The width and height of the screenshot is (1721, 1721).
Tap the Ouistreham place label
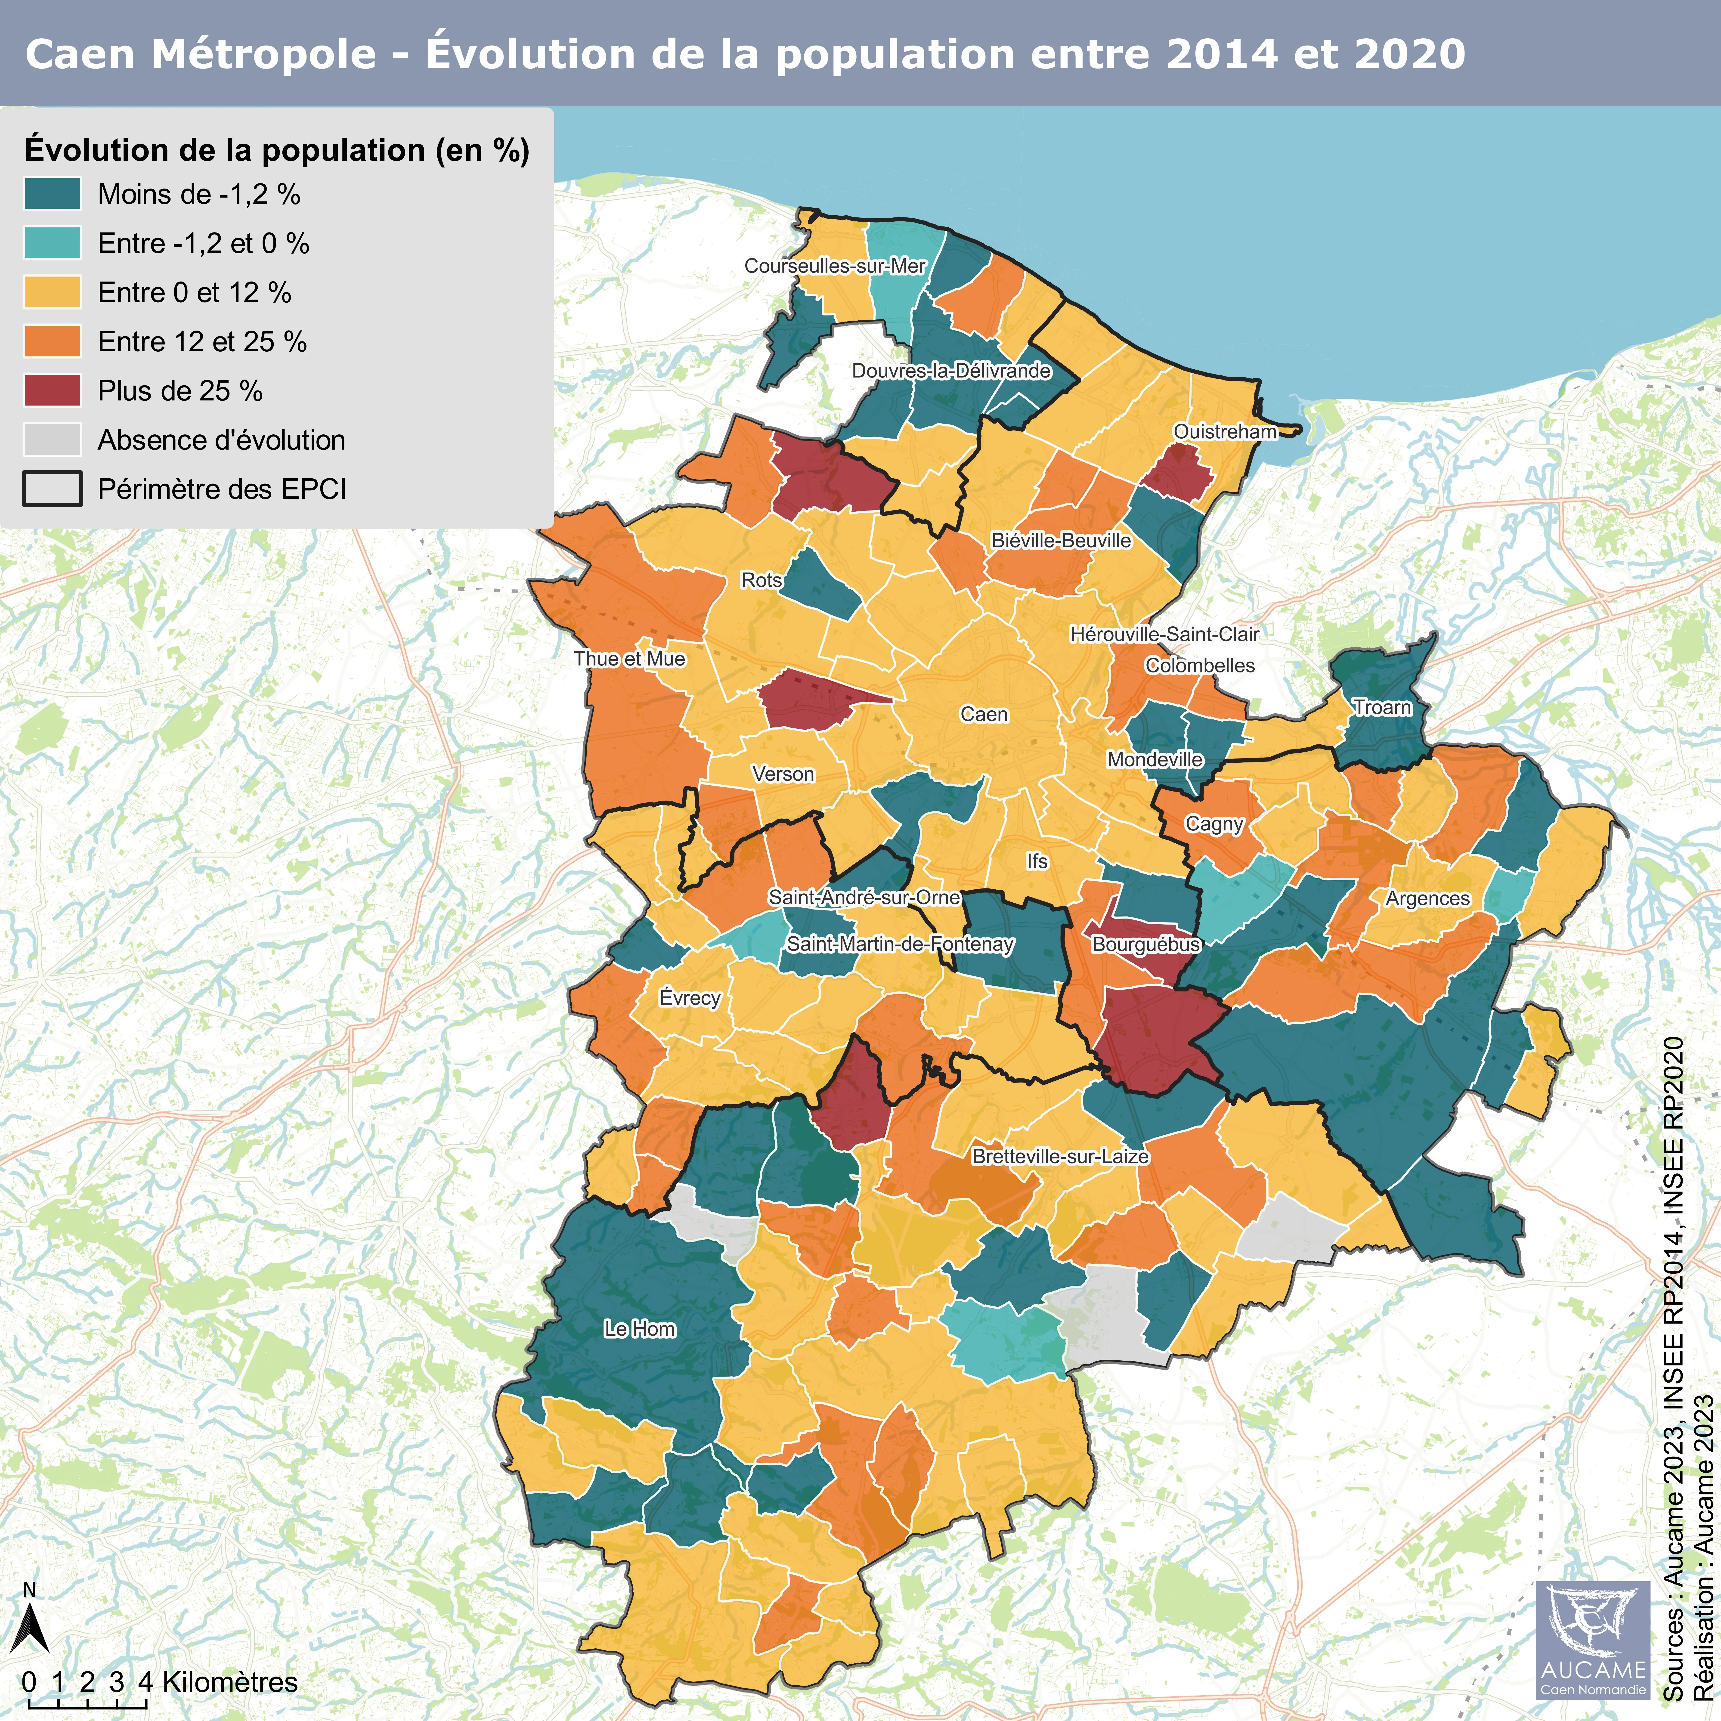[1225, 432]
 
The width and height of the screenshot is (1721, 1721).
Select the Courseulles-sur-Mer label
[835, 266]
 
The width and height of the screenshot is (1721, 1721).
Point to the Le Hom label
[640, 1329]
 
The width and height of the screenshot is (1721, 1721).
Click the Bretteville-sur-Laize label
[1060, 1156]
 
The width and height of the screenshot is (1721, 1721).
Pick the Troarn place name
[1383, 708]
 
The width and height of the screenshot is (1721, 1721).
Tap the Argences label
[1427, 899]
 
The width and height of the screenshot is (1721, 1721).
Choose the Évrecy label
[690, 998]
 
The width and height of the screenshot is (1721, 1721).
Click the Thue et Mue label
[629, 659]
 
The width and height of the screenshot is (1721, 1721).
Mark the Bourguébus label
[1145, 944]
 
